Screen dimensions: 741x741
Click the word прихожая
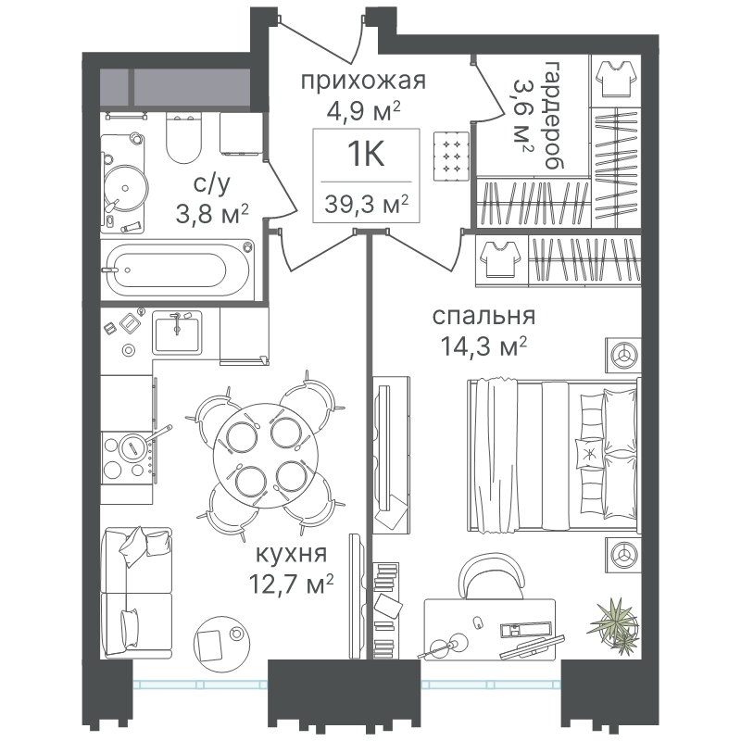pos(363,82)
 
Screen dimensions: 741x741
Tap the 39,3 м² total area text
pos(366,204)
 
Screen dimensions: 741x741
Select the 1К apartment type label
pos(366,154)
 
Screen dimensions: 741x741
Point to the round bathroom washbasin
pos(125,188)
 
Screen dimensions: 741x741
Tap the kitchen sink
pos(177,333)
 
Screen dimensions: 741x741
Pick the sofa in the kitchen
pos(137,593)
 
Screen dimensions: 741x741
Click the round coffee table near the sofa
pos(220,640)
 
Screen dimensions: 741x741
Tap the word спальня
pos(484,317)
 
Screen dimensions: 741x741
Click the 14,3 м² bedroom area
pos(484,346)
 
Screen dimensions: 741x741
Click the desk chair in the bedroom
pos(489,576)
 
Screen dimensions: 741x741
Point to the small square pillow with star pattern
pos(589,454)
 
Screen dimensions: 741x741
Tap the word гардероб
pos(554,115)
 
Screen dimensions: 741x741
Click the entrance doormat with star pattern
pos(451,156)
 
